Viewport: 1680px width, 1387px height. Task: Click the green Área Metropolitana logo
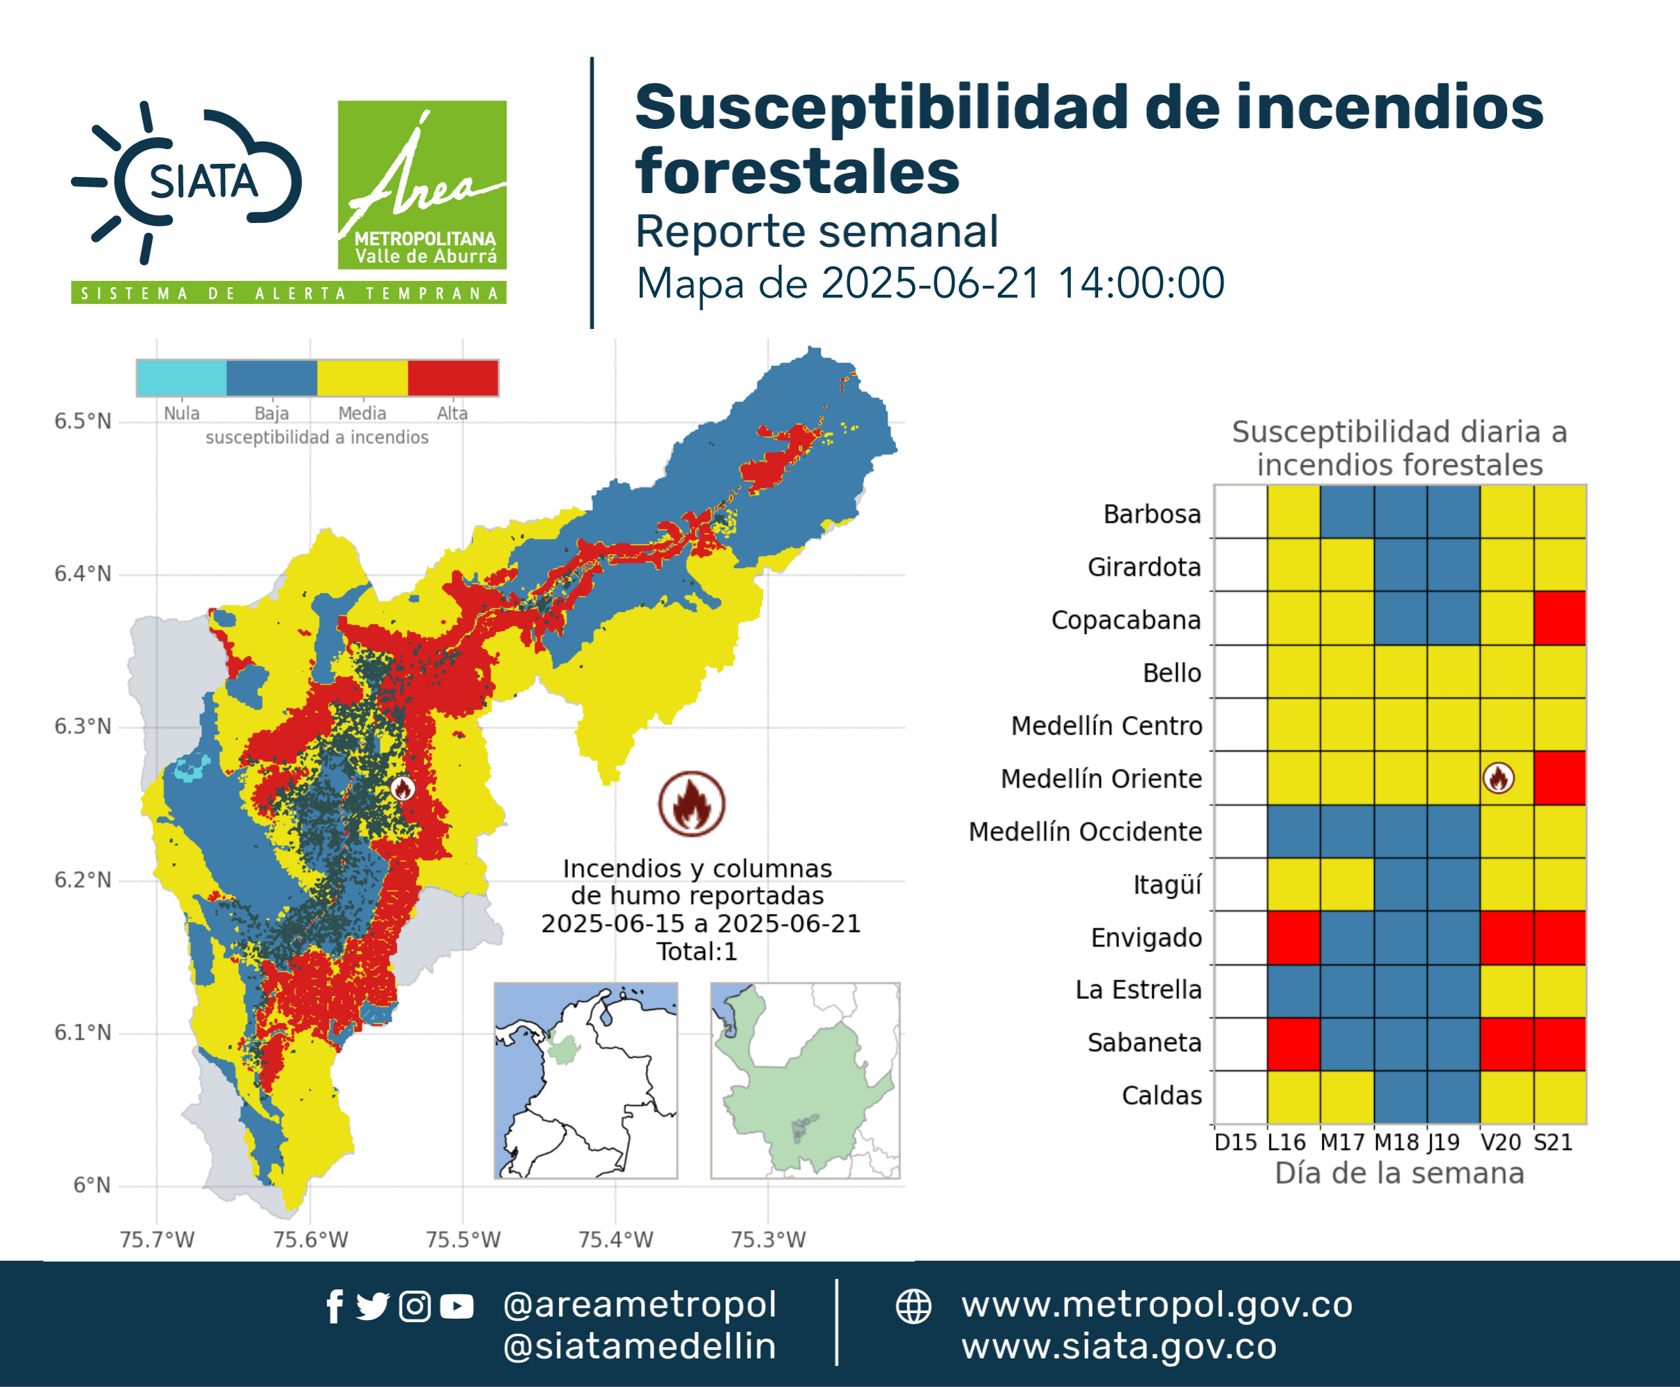click(422, 185)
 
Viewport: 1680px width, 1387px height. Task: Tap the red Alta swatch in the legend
click(453, 378)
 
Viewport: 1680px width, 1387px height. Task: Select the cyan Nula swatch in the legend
click(181, 378)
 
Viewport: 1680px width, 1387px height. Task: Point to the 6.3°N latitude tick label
click(82, 726)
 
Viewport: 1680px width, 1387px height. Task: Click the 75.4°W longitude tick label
click(615, 1239)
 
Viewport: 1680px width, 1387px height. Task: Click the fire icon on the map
click(403, 788)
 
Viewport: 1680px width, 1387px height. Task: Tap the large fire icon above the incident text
click(692, 804)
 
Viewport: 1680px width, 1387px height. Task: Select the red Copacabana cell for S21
click(1559, 618)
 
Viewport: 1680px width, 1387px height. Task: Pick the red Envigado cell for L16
click(1293, 937)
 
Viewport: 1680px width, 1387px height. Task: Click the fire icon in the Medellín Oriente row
click(1498, 777)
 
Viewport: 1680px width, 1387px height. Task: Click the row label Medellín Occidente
click(1085, 832)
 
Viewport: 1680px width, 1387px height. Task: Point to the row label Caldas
click(1162, 1096)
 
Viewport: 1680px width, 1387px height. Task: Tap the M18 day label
click(1397, 1142)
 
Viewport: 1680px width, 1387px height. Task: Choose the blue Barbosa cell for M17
click(1347, 512)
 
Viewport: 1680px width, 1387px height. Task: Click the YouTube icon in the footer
click(456, 1306)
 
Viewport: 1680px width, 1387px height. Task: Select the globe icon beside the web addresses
click(913, 1306)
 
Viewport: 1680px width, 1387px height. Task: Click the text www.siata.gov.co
click(1119, 1347)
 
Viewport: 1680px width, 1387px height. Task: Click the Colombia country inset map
click(585, 1080)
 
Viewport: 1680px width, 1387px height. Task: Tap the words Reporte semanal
click(817, 231)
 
